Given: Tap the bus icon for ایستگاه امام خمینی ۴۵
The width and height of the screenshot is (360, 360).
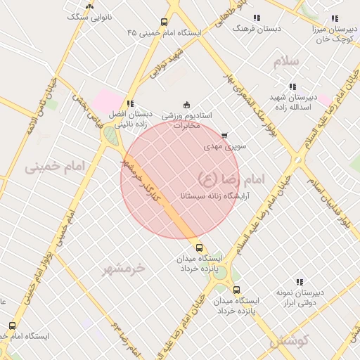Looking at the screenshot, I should click(164, 22).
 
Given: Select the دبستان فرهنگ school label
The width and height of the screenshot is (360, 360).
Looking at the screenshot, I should click(257, 28).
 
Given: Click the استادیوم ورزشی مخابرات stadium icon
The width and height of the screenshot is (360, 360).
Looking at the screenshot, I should click(186, 105).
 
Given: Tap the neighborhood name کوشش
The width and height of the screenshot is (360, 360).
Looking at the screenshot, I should click(289, 341).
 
